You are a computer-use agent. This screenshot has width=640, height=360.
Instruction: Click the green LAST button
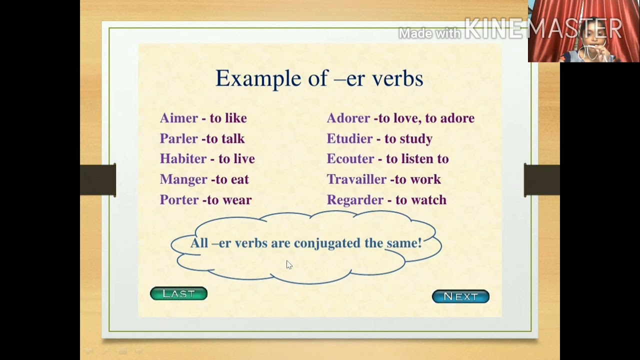pyautogui.click(x=178, y=293)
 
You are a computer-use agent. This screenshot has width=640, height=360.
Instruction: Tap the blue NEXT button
pyautogui.click(x=460, y=296)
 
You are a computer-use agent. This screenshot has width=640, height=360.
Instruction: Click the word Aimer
pyautogui.click(x=179, y=118)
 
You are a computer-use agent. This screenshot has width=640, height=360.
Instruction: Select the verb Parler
pyautogui.click(x=178, y=138)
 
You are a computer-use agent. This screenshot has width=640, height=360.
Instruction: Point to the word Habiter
pyautogui.click(x=183, y=159)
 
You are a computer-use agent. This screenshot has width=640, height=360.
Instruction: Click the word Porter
pyautogui.click(x=179, y=200)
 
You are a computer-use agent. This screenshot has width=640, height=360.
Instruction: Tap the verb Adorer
pyautogui.click(x=348, y=118)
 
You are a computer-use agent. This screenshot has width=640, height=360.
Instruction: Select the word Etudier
pyautogui.click(x=349, y=138)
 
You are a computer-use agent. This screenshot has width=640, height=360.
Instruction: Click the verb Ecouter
pyautogui.click(x=350, y=159)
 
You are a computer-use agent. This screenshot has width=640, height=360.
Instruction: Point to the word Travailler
pyautogui.click(x=356, y=179)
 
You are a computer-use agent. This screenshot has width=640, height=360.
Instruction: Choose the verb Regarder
pyautogui.click(x=355, y=200)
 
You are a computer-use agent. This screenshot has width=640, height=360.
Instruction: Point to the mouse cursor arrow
pyautogui.click(x=289, y=265)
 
